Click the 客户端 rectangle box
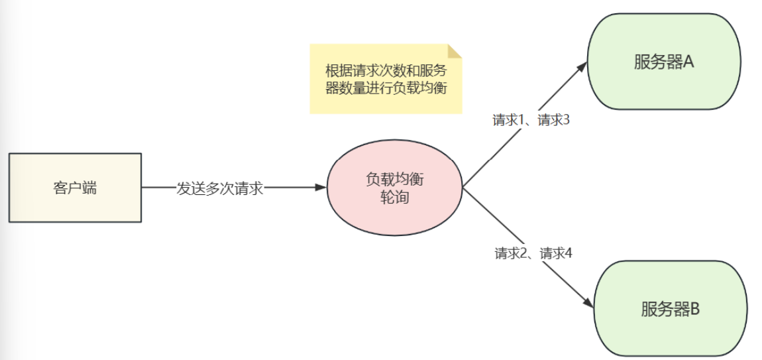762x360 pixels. [75, 188]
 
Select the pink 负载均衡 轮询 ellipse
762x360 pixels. [394, 188]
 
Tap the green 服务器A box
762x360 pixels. [663, 62]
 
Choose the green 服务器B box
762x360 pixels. [670, 308]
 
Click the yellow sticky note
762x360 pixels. [386, 79]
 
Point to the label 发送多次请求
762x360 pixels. [220, 188]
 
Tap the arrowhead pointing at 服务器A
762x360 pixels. [582, 66]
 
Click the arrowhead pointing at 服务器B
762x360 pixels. [588, 303]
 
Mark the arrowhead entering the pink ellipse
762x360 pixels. [322, 188]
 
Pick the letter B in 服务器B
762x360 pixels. [694, 309]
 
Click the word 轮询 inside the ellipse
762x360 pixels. [394, 197]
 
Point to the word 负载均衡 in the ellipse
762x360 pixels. [394, 180]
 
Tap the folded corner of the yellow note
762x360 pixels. [455, 51]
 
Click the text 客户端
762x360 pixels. [75, 188]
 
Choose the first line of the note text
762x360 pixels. [385, 71]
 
